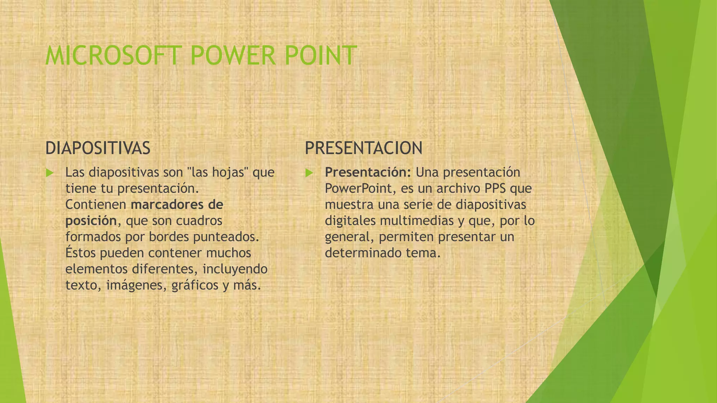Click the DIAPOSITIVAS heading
pos(98,148)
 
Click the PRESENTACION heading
pos(363,148)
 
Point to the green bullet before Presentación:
pos(309,173)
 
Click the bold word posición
pos(91,221)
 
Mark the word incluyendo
pos(235,269)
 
